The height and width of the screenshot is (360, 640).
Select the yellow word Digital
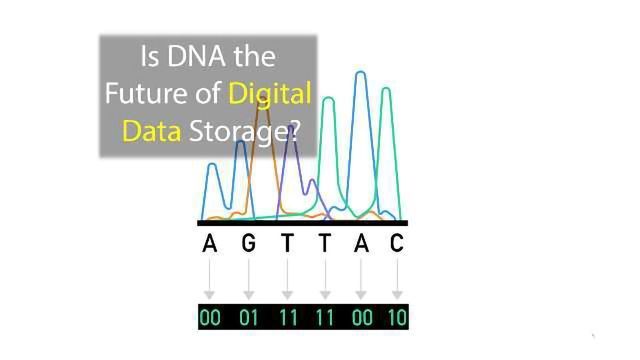tap(270, 95)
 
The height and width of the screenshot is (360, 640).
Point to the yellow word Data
tap(151, 131)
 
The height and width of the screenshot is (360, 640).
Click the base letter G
tap(248, 243)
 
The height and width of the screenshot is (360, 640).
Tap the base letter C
tap(397, 243)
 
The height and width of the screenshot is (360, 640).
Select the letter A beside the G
tap(209, 243)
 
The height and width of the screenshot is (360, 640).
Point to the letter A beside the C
tap(361, 243)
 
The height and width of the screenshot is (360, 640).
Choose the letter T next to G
tap(287, 243)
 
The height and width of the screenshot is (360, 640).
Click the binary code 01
tap(248, 318)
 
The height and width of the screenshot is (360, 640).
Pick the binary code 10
tap(396, 318)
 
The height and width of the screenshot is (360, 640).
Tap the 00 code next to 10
tap(361, 318)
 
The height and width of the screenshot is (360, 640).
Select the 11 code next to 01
tap(287, 318)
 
